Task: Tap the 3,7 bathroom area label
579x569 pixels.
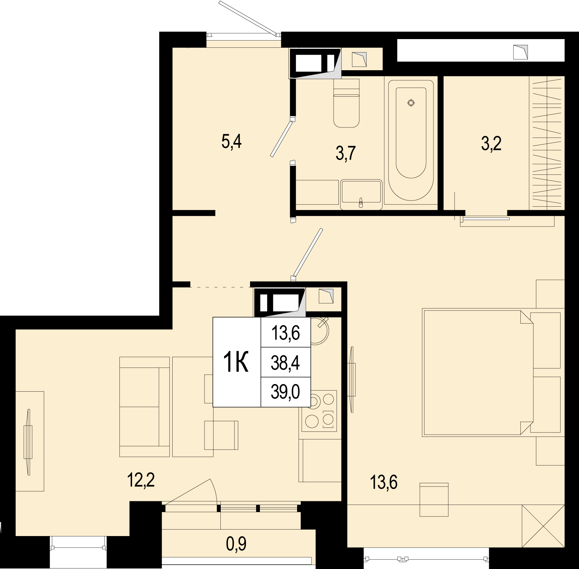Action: pyautogui.click(x=346, y=153)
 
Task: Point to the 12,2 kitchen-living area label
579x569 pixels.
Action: pyautogui.click(x=141, y=480)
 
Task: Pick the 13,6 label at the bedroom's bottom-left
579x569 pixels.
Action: pyautogui.click(x=384, y=482)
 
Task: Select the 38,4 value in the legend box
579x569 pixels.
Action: pyautogui.click(x=286, y=363)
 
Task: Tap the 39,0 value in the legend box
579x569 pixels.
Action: pyautogui.click(x=286, y=392)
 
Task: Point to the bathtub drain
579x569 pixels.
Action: pyautogui.click(x=411, y=103)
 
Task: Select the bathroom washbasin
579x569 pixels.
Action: pyautogui.click(x=361, y=194)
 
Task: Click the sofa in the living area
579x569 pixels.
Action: pyautogui.click(x=144, y=406)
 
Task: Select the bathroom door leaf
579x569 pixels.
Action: pyautogui.click(x=281, y=139)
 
